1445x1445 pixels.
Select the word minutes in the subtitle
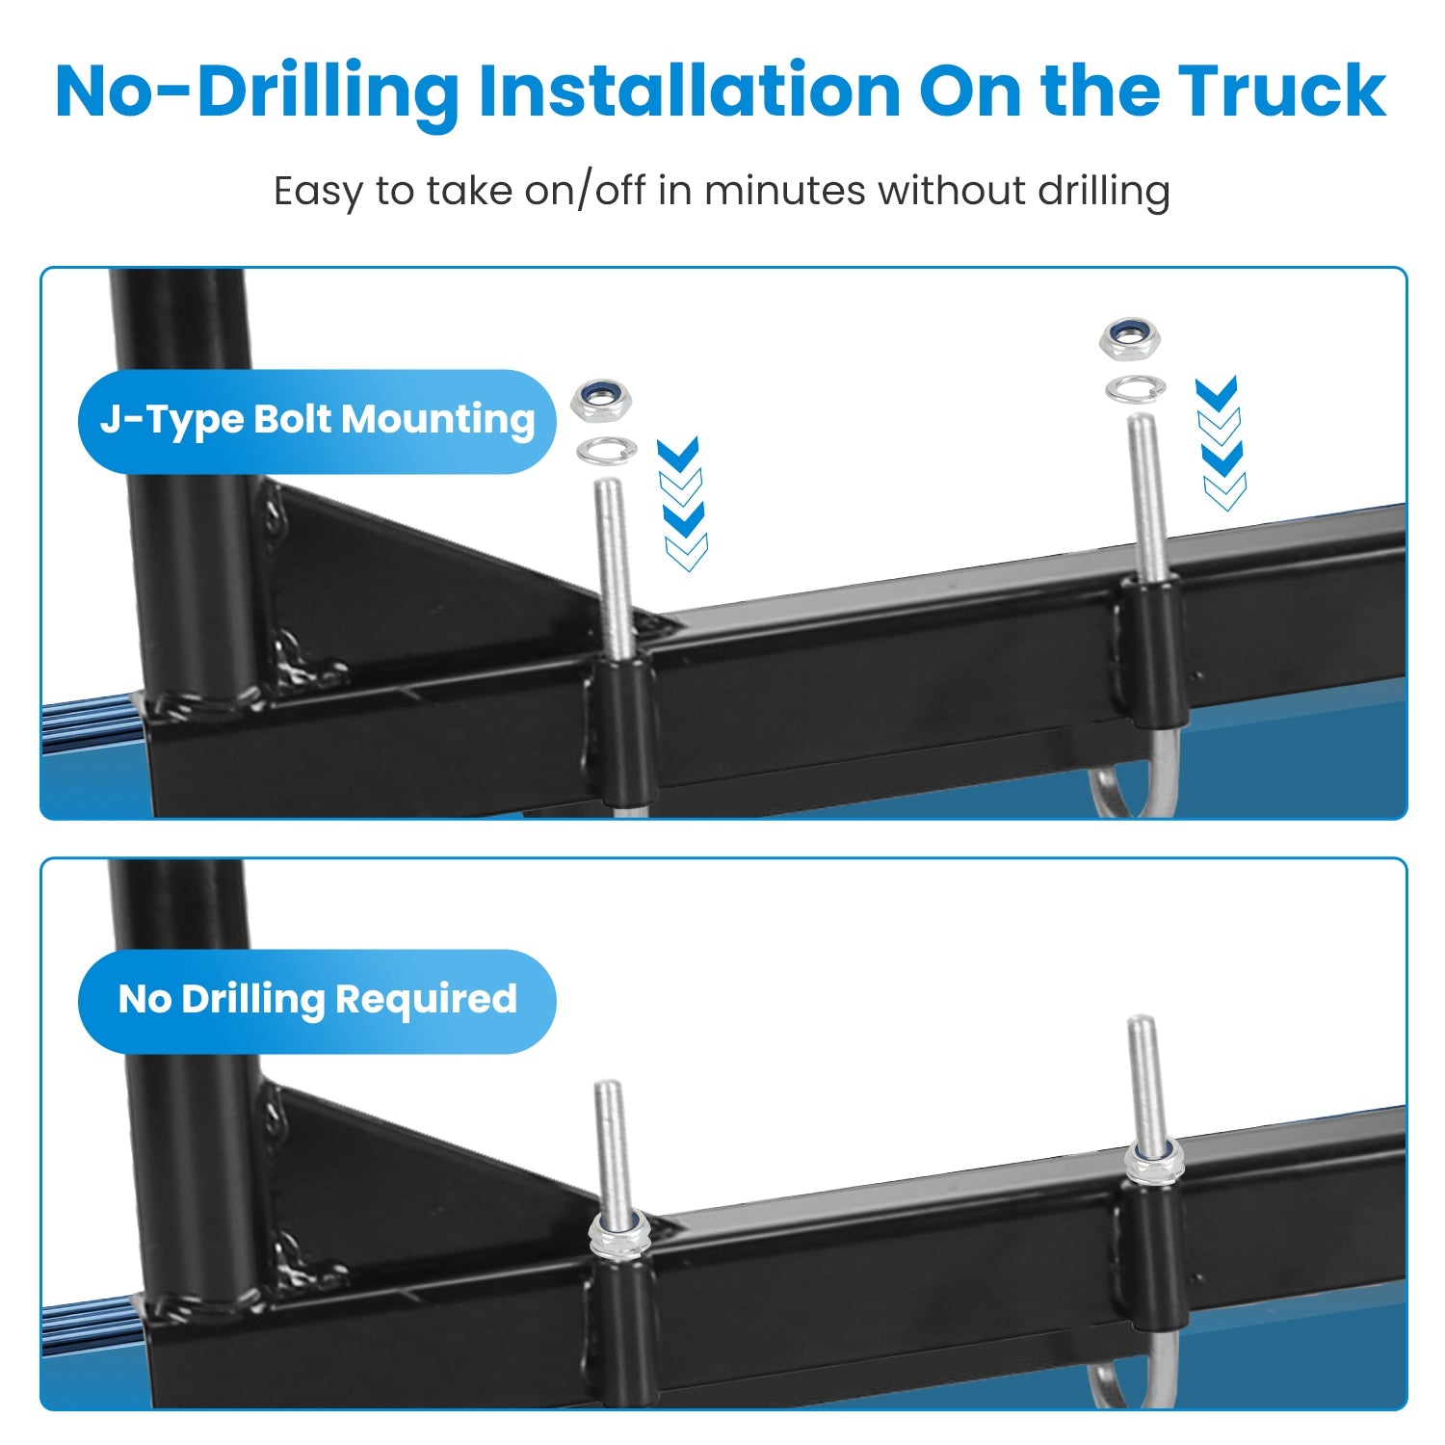[785, 190]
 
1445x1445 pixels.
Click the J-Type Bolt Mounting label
[317, 421]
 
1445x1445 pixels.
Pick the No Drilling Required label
[317, 1000]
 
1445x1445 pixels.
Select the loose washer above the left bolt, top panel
[607, 450]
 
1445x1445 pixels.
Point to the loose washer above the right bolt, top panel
[1136, 388]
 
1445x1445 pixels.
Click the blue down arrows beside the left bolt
[683, 503]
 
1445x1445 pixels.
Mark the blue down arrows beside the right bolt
[1221, 443]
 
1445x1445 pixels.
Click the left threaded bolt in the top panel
[613, 568]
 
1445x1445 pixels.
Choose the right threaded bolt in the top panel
[1145, 496]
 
